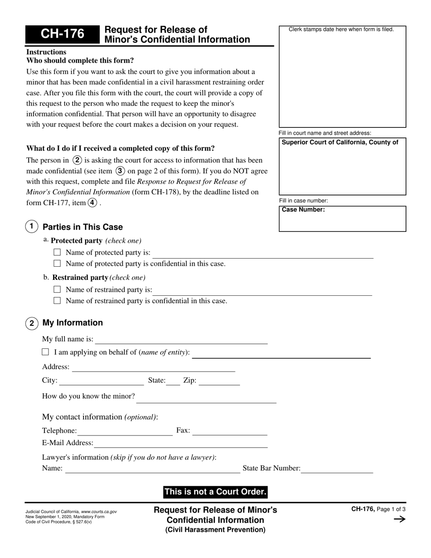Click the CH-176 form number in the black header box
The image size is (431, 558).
62,34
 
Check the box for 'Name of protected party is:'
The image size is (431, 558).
57,252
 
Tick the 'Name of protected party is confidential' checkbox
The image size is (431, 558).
57,263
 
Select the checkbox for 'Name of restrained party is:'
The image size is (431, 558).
57,289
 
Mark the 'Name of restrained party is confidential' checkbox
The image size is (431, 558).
57,300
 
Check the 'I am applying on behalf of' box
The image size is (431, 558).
45,352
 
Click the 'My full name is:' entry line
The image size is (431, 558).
181,340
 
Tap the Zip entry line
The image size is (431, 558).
219,382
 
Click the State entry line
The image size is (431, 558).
173,382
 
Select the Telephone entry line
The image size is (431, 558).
125,431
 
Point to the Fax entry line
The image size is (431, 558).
230,431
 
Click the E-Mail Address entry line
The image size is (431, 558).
181,444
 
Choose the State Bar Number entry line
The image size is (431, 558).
337,470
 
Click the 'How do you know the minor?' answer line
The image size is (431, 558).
206,399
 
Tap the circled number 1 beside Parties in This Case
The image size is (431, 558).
31,226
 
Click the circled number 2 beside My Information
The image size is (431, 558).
31,323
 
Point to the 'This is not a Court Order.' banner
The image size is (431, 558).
215,492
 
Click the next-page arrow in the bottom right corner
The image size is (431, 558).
399,519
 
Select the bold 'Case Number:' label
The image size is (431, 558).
303,210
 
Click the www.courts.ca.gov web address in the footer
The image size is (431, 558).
98,512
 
